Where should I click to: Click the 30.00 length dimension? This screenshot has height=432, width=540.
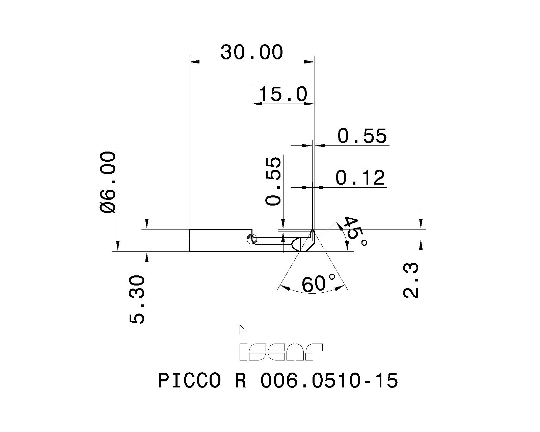251,52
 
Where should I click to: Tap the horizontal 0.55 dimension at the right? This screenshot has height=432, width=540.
362,136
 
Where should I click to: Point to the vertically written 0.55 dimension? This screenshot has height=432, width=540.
273,181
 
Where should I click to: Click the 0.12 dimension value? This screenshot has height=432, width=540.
360,178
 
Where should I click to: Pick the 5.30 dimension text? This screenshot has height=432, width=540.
137,300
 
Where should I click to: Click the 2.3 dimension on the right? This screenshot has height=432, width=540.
411,280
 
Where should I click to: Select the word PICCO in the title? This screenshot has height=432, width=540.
189,381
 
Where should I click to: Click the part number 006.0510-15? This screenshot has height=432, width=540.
329,381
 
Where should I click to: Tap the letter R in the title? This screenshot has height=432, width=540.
240,381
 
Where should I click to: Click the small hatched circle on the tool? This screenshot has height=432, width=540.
252,239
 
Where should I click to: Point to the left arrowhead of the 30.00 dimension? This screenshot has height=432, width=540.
194,62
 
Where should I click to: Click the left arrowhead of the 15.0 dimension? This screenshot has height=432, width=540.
257,104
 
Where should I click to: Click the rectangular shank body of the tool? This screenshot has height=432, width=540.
219,240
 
